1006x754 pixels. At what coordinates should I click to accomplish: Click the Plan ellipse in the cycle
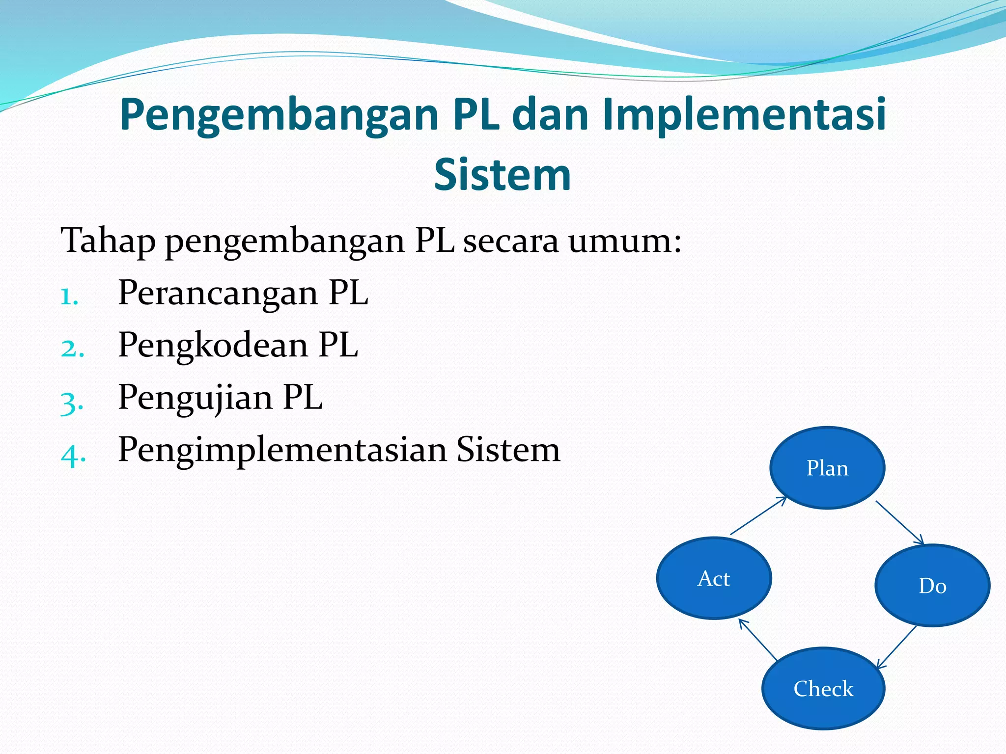pos(827,468)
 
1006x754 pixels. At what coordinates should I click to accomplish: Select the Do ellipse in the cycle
pos(932,585)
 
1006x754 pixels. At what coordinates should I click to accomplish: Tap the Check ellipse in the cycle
pos(823,688)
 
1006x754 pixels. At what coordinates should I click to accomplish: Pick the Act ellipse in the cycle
pos(714,578)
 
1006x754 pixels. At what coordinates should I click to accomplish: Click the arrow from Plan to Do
pos(900,523)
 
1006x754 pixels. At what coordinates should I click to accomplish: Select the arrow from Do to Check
pos(897,647)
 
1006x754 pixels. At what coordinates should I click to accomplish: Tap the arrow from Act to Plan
pos(758,516)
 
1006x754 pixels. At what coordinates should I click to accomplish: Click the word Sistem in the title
pos(502,175)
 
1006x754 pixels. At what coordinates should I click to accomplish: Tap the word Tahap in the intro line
pos(108,241)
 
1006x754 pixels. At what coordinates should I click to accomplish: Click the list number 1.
pos(69,296)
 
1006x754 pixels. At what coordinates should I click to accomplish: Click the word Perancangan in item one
pos(218,294)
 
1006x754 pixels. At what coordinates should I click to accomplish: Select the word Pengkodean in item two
pos(213,346)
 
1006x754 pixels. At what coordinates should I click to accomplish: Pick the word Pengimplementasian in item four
pos(282,450)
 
